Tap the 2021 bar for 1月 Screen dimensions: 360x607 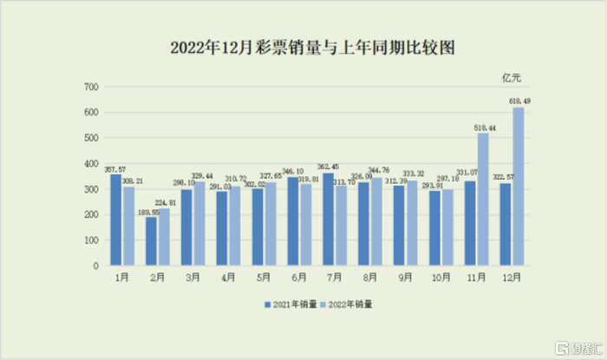coord(116,220)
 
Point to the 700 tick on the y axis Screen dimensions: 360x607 coord(90,88)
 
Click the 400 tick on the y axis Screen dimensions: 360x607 coord(90,164)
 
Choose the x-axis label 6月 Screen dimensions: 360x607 coord(299,278)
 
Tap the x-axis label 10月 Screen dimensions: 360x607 coord(441,278)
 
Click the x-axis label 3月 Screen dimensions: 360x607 coord(193,278)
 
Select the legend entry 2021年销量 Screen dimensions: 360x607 coord(290,304)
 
